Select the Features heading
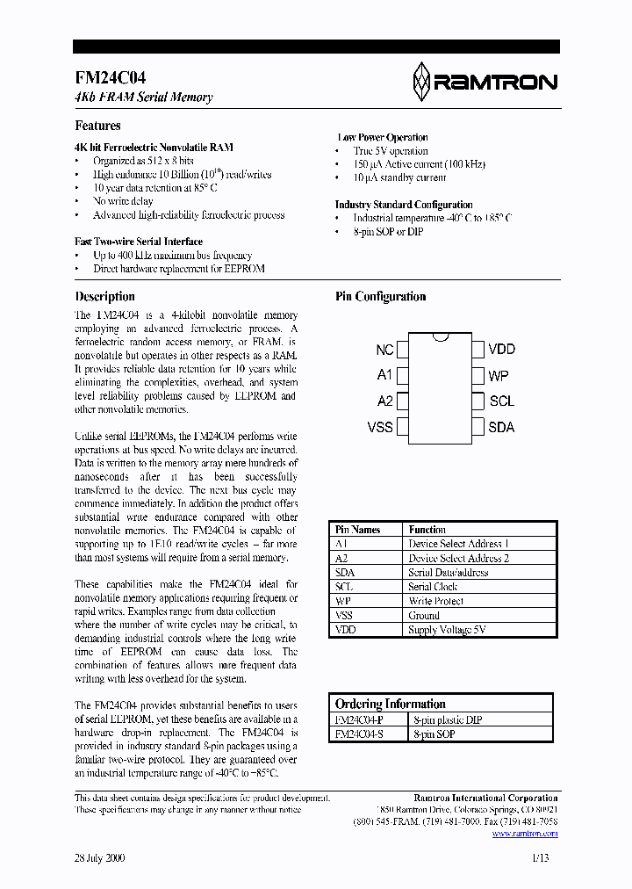tap(97, 126)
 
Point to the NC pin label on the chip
tap(384, 350)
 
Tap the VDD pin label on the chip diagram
tap(501, 350)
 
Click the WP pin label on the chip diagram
tap(499, 376)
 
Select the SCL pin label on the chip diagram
tap(501, 401)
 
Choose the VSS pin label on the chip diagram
tap(380, 428)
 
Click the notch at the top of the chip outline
tap(441, 336)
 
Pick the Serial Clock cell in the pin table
tap(433, 587)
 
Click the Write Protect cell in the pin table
tap(435, 601)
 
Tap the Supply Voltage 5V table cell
tap(446, 630)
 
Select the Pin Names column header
tap(357, 530)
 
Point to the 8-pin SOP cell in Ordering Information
tap(434, 734)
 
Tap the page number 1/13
tap(540, 859)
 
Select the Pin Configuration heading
tap(380, 297)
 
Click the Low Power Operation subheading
tap(383, 138)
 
